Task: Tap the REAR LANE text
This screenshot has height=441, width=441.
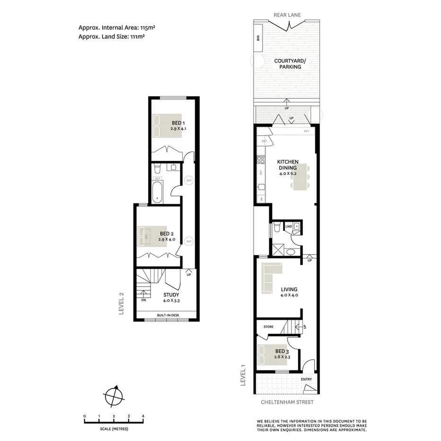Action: (x=287, y=15)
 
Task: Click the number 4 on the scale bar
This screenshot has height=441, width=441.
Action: (x=143, y=416)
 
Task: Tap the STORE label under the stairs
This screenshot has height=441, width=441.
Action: (x=269, y=326)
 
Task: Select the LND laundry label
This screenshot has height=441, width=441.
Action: (x=288, y=227)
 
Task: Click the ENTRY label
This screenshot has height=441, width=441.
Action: (x=307, y=379)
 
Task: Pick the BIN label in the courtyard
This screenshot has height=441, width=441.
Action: (x=258, y=37)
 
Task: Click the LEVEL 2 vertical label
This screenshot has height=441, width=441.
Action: (x=121, y=303)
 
